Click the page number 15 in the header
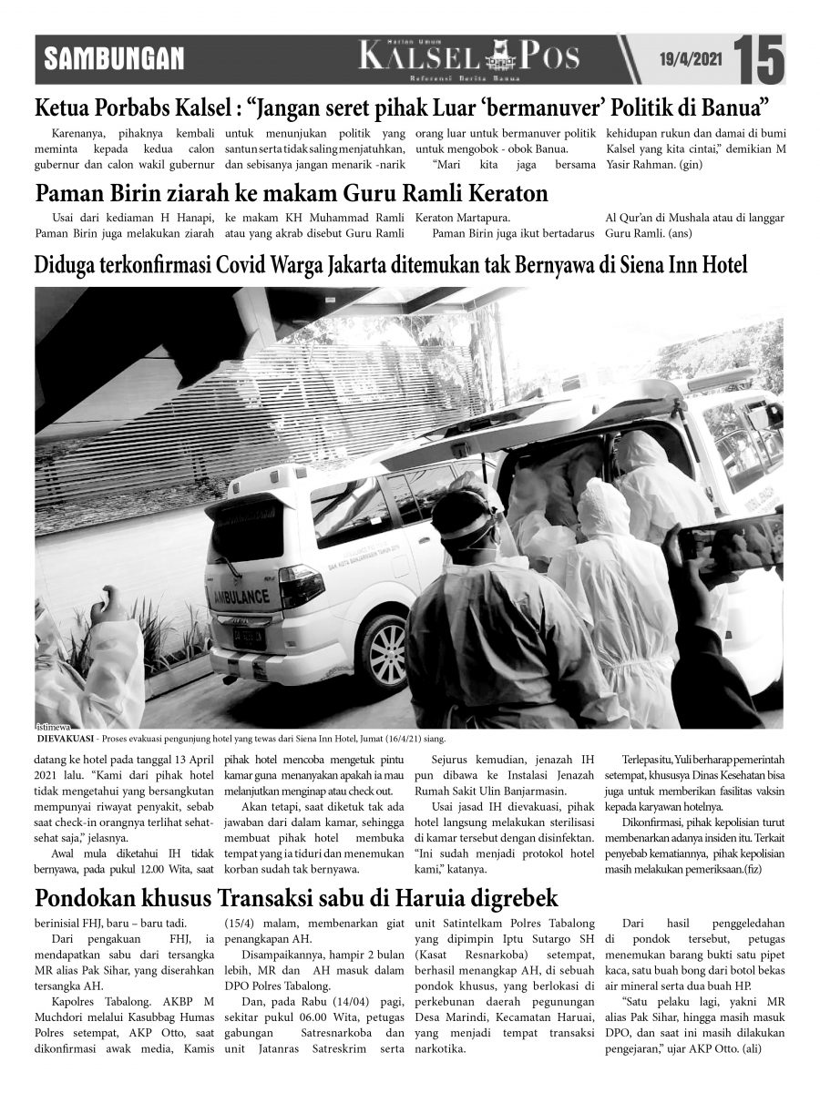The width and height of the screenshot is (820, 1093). pos(759,58)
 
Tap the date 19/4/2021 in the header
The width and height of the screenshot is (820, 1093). pos(690,59)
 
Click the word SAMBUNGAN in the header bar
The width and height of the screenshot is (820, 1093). pos(115,60)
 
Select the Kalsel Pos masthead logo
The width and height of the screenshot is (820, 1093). pos(469,58)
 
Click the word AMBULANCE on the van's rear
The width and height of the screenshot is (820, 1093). pos(240,598)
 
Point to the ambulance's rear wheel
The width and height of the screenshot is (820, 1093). pos(386,647)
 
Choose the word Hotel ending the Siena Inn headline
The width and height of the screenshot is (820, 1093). pos(721,266)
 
